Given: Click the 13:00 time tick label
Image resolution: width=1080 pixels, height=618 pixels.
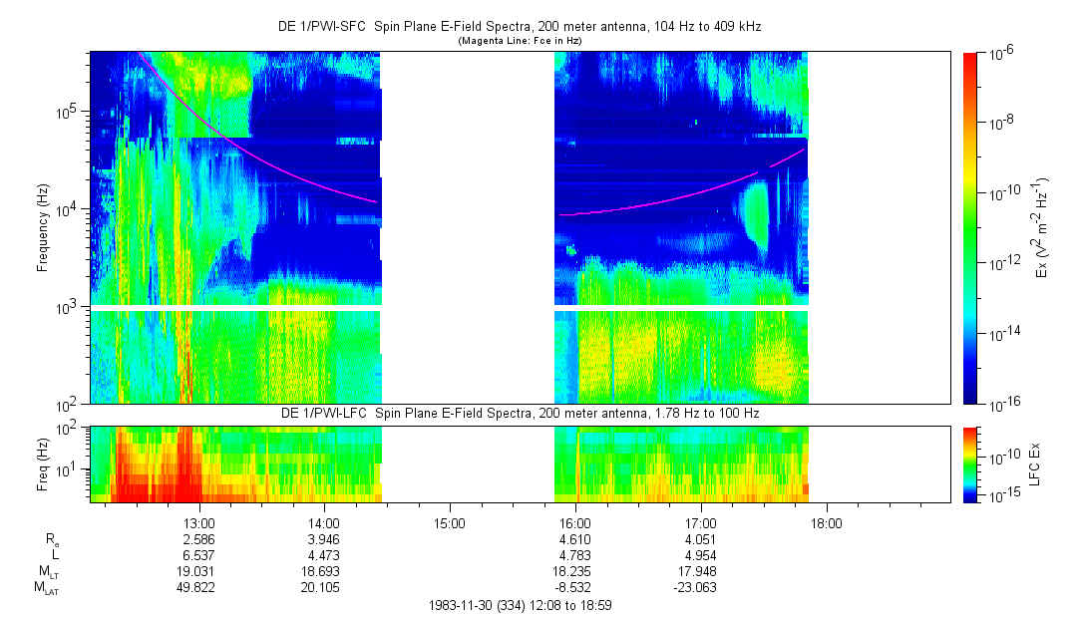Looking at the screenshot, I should (x=199, y=522).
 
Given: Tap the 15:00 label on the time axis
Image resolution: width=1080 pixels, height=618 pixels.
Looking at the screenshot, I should (x=450, y=522).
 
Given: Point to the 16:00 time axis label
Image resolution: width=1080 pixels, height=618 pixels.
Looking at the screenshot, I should (x=575, y=522).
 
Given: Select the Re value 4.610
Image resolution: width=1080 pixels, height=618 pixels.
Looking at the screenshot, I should (x=575, y=538).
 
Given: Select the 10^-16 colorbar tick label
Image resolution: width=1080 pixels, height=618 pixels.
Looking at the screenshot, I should (x=1000, y=404).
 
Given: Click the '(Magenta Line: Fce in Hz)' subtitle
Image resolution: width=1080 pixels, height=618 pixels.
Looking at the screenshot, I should (x=519, y=41).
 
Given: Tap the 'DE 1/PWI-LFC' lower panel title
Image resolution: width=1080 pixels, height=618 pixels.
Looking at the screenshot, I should (x=519, y=413).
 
